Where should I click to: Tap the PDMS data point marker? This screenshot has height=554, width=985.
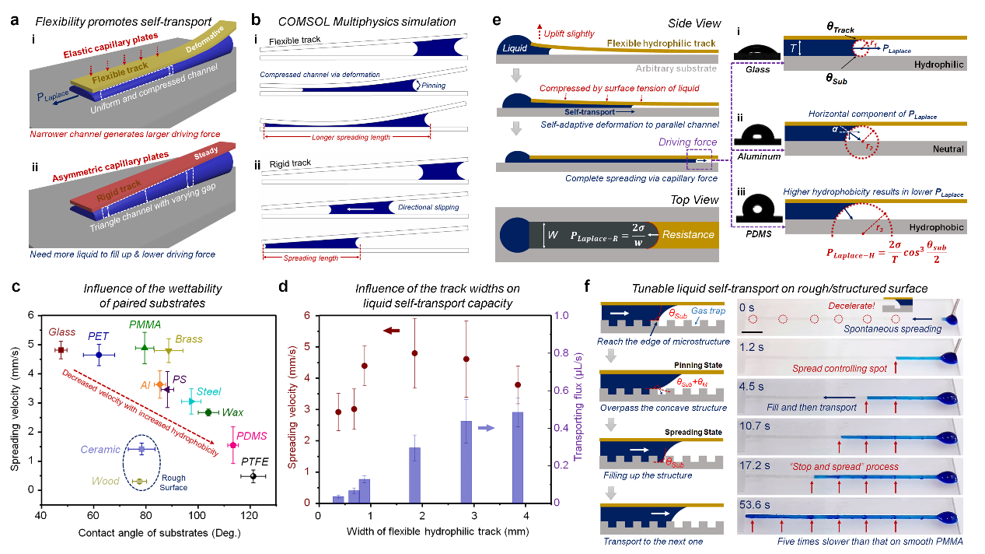[x=232, y=444]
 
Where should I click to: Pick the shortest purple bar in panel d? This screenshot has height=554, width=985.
[x=338, y=498]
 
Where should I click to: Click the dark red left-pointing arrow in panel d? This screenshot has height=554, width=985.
[x=390, y=331]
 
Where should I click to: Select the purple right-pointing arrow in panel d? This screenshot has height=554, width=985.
[x=487, y=427]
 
